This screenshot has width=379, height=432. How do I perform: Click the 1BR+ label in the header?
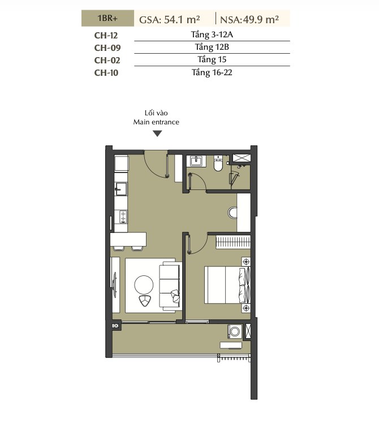pyautogui.click(x=107, y=19)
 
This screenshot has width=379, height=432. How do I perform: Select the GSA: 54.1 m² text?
pyautogui.click(x=170, y=20)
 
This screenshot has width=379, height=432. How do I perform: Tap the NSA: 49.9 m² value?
pyautogui.click(x=249, y=20)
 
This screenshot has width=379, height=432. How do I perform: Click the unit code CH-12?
pyautogui.click(x=106, y=36)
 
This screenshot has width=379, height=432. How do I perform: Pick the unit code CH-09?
pyautogui.click(x=107, y=48)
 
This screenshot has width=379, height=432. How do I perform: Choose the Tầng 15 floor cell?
pyautogui.click(x=212, y=60)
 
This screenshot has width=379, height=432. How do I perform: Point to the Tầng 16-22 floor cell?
pyautogui.click(x=212, y=73)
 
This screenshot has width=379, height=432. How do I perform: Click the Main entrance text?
pyautogui.click(x=156, y=122)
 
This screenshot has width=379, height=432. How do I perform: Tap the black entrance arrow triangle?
pyautogui.click(x=157, y=134)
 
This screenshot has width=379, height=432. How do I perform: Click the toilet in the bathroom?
pyautogui.click(x=218, y=163)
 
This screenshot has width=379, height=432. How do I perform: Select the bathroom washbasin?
pyautogui.click(x=196, y=161)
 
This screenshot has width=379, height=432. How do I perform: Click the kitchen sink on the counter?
pyautogui.click(x=120, y=189)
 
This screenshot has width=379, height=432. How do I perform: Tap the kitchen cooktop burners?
pyautogui.click(x=122, y=217)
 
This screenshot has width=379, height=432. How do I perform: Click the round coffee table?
pyautogui.click(x=144, y=285)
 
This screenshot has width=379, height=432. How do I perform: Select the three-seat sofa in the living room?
pyautogui.click(x=170, y=286)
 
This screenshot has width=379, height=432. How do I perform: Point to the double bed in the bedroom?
pyautogui.click(x=227, y=285)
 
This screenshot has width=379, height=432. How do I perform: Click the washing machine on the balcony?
pyautogui.click(x=235, y=331)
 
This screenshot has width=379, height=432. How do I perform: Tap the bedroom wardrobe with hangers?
pyautogui.click(x=233, y=242)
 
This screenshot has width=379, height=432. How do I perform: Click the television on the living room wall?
pyautogui.click(x=115, y=284)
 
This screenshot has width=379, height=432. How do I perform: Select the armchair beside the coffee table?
pyautogui.click(x=145, y=301)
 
